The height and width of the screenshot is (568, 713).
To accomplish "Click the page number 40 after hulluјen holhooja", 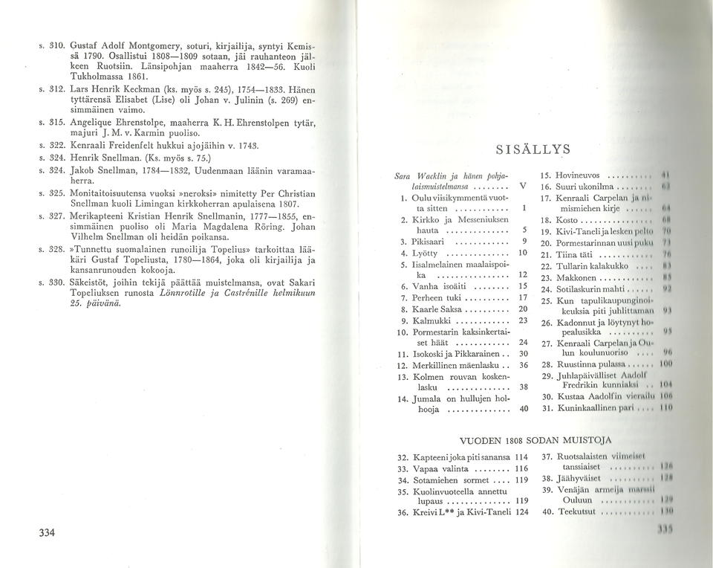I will tap(524, 409).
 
